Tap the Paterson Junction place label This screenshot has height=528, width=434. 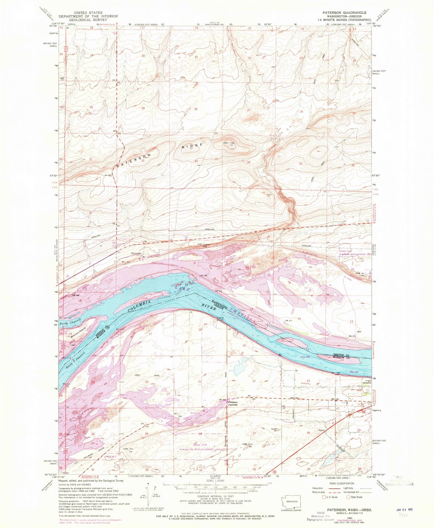tap(232, 403)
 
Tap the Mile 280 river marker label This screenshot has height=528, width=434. tap(306, 356)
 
